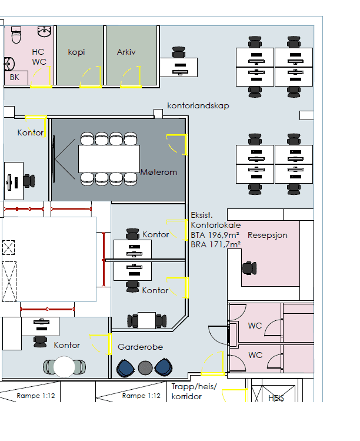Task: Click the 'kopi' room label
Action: [76, 52]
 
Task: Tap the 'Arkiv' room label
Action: [126, 52]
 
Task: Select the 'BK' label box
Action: [15, 77]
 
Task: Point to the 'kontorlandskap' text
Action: [198, 105]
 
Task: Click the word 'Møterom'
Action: [159, 172]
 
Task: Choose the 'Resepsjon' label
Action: [268, 235]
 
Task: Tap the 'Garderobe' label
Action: [140, 347]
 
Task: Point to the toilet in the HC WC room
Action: [16, 37]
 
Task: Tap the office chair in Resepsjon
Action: [250, 268]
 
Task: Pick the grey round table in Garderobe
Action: [145, 368]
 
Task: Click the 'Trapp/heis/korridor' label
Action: [194, 392]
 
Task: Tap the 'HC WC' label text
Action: [39, 57]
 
